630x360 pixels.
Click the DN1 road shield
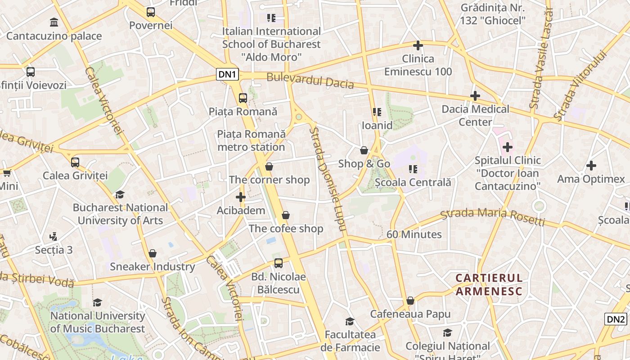227,74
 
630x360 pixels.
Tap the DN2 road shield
616,319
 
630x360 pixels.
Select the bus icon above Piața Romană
243,98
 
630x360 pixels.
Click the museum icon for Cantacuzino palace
54,22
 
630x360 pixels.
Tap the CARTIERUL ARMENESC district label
489,284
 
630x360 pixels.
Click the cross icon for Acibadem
241,197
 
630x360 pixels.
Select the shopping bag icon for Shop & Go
364,150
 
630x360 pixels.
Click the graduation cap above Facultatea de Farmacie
350,321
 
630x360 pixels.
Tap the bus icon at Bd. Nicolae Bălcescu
279,263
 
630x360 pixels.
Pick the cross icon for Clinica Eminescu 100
418,45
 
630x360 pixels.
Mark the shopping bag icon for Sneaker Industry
153,253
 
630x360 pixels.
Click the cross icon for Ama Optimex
591,166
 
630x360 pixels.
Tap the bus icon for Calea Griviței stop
75,162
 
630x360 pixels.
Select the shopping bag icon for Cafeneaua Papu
410,301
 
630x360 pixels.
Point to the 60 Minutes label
414,234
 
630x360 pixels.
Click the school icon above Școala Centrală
413,169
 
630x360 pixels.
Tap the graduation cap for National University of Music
98,302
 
